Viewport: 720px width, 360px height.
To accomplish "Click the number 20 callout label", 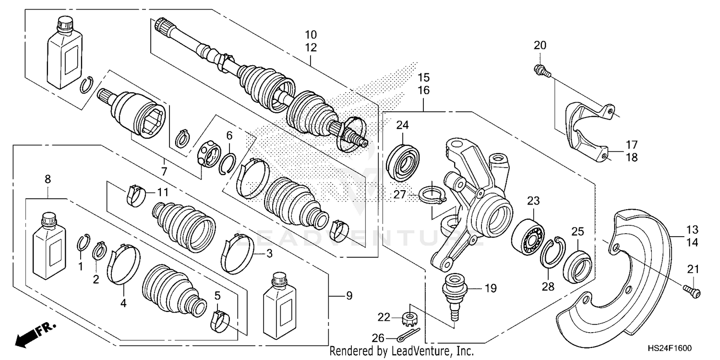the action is point(540,46).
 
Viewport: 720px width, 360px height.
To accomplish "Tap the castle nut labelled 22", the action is point(410,317).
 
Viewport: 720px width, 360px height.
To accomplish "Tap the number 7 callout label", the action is point(164,171).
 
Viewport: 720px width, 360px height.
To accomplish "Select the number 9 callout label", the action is point(349,296).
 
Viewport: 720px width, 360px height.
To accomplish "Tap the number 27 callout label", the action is point(400,195).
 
